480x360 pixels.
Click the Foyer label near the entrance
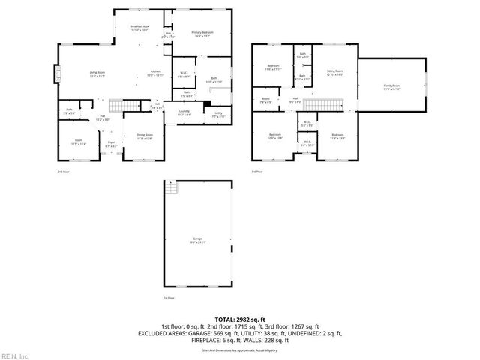tap(110, 143)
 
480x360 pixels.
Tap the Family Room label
tap(391, 87)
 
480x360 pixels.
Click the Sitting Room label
tap(334, 73)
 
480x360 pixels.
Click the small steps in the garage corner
tap(172, 189)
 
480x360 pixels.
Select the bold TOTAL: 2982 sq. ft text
tap(240, 319)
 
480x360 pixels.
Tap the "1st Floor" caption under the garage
tap(169, 298)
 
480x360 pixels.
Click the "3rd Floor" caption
tap(257, 172)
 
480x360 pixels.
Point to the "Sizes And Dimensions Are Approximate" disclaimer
tap(240, 349)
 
